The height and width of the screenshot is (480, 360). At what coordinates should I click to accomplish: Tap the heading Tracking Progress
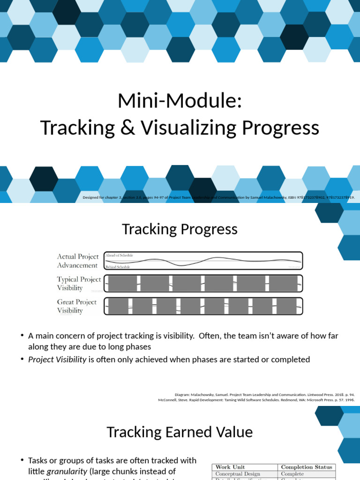click(180, 229)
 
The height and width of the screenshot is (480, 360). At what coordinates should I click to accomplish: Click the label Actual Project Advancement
click(78, 261)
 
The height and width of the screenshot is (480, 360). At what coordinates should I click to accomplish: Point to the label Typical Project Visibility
click(79, 283)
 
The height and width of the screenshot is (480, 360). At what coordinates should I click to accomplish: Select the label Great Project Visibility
click(77, 306)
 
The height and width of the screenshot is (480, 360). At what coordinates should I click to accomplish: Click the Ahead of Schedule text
click(119, 255)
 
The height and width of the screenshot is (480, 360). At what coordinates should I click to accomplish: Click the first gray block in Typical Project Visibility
click(123, 283)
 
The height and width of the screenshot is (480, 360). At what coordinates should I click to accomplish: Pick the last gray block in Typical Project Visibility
click(283, 283)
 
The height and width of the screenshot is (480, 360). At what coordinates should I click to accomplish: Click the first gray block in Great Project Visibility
click(118, 306)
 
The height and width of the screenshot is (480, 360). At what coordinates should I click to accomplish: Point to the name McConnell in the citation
click(167, 400)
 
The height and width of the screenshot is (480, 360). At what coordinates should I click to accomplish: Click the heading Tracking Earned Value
click(180, 432)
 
